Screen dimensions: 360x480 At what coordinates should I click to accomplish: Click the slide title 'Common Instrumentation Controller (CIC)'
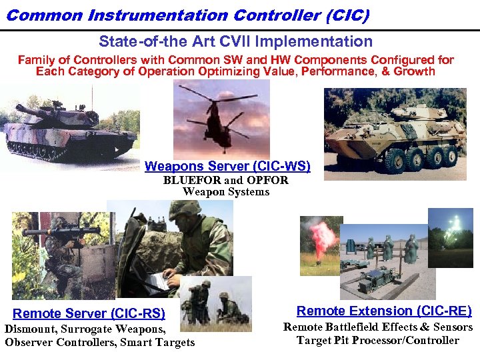pos(187,15)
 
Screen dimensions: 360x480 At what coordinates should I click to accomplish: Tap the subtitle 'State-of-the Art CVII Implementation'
pos(236,41)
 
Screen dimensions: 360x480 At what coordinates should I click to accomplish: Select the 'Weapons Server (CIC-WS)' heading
pos(227,166)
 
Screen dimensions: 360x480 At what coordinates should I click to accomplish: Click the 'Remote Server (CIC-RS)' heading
pos(89,313)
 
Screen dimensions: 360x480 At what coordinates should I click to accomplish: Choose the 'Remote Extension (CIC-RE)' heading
pos(383,311)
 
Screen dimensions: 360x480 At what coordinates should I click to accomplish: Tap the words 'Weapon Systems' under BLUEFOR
pos(226,192)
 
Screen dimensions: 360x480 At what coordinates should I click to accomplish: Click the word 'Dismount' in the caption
pos(30,328)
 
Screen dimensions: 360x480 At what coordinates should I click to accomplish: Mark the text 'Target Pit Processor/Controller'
pos(377,340)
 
